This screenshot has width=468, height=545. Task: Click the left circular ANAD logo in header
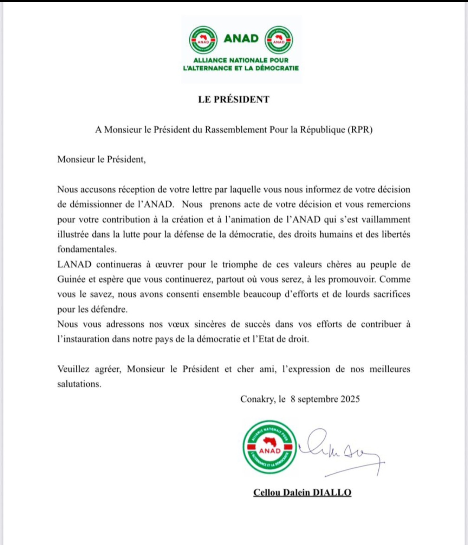203,40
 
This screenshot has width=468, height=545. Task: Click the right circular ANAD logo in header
279,40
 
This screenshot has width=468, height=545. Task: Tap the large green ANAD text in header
241,39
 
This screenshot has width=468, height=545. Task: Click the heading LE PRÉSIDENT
234,100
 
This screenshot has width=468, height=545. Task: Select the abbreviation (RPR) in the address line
360,129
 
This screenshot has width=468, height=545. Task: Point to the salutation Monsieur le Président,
101,159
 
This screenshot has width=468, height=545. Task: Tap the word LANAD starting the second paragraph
74,264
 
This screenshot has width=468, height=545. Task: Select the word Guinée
71,279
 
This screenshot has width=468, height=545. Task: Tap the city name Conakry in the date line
257,399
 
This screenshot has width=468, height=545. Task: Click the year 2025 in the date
350,399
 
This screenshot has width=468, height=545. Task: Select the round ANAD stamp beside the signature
270,447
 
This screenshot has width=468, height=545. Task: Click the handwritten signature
340,450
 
